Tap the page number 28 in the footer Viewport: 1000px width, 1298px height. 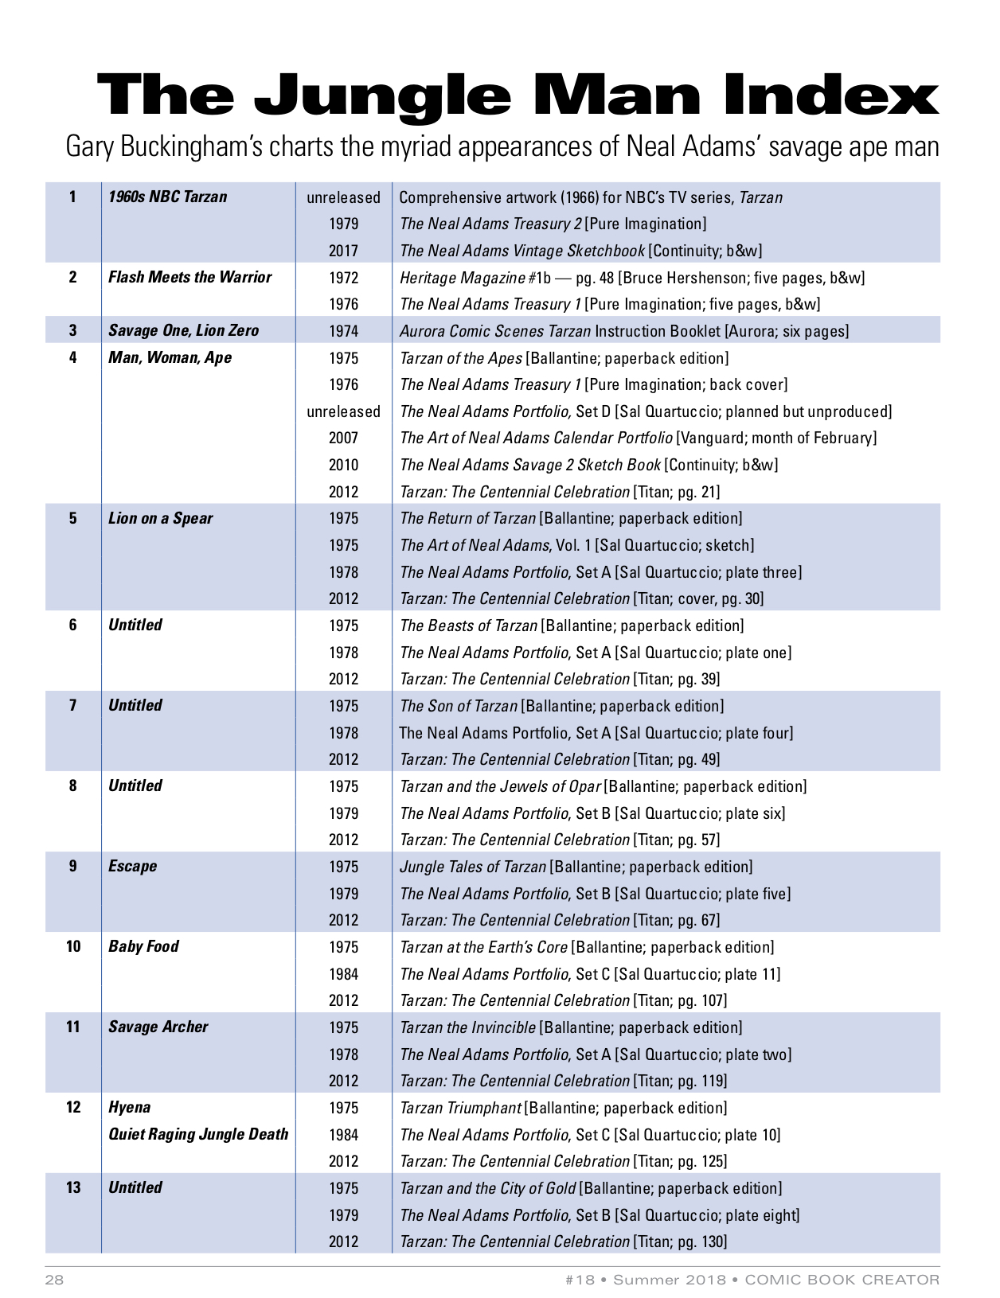pyautogui.click(x=54, y=1280)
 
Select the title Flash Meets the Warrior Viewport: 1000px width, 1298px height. pyautogui.click(x=189, y=277)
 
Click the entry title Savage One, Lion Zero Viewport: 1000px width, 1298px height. pyautogui.click(x=183, y=330)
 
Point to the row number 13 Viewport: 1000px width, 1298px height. pyautogui.click(x=73, y=1187)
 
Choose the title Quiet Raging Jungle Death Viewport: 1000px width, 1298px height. pyautogui.click(x=198, y=1134)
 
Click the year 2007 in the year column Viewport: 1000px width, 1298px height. pyautogui.click(x=343, y=438)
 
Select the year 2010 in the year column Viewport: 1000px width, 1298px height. pyautogui.click(x=343, y=465)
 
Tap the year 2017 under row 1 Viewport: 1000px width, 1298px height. pyautogui.click(x=343, y=251)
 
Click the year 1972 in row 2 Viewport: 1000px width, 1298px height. pyautogui.click(x=343, y=278)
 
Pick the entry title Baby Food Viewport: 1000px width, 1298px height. pyautogui.click(x=143, y=946)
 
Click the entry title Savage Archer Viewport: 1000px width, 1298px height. pyautogui.click(x=158, y=1027)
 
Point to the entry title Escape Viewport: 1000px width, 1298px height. pyautogui.click(x=132, y=866)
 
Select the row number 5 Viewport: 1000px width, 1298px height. pyautogui.click(x=73, y=518)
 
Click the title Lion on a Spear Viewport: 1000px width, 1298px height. pyautogui.click(x=160, y=518)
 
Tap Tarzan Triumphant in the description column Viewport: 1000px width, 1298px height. pyautogui.click(x=460, y=1108)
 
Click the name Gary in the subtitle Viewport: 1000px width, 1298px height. pyautogui.click(x=89, y=147)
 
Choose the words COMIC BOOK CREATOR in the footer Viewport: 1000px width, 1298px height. pyautogui.click(x=842, y=1280)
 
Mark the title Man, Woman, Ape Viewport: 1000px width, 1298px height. pyautogui.click(x=170, y=357)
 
